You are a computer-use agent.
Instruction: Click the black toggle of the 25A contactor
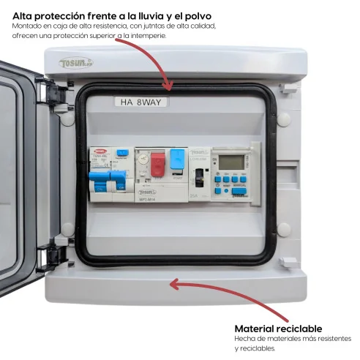point(198,176)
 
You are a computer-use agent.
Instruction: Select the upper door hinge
point(53,93)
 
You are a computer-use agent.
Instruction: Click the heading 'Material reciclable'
point(278,329)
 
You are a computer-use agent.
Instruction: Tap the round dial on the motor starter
point(143,159)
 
